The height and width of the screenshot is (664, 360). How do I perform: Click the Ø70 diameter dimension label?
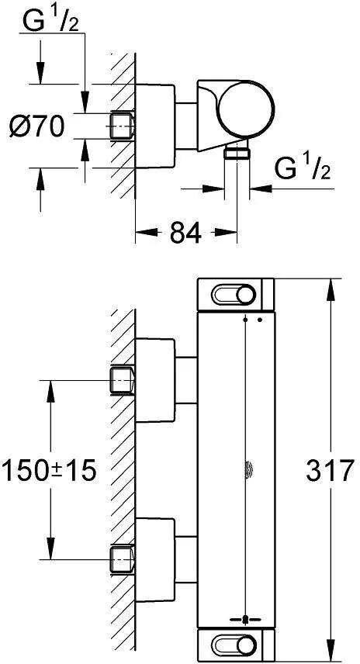(x=36, y=126)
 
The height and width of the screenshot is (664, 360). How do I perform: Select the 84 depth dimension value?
(x=185, y=233)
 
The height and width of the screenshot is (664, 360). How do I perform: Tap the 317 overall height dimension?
(x=330, y=470)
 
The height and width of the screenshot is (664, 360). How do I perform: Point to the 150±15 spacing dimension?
(x=49, y=471)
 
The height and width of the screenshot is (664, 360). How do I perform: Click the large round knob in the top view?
(x=246, y=109)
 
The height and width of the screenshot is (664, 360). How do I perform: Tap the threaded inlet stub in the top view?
(x=123, y=126)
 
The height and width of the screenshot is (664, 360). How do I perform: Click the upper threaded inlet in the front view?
(x=123, y=380)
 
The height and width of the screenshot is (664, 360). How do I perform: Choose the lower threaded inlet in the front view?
(x=123, y=560)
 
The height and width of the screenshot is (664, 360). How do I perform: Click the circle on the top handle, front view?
(x=246, y=294)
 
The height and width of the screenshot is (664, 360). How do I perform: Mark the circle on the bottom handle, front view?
(x=246, y=647)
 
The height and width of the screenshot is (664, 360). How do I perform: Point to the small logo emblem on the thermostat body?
(x=247, y=471)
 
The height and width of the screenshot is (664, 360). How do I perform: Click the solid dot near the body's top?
(x=260, y=320)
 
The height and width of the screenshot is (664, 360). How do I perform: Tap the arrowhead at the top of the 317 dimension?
(x=331, y=289)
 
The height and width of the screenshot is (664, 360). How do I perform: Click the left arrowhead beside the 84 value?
(x=146, y=232)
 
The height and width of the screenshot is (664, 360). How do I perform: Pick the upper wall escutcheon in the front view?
(x=155, y=381)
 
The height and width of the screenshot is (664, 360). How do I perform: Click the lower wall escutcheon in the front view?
(x=155, y=560)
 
